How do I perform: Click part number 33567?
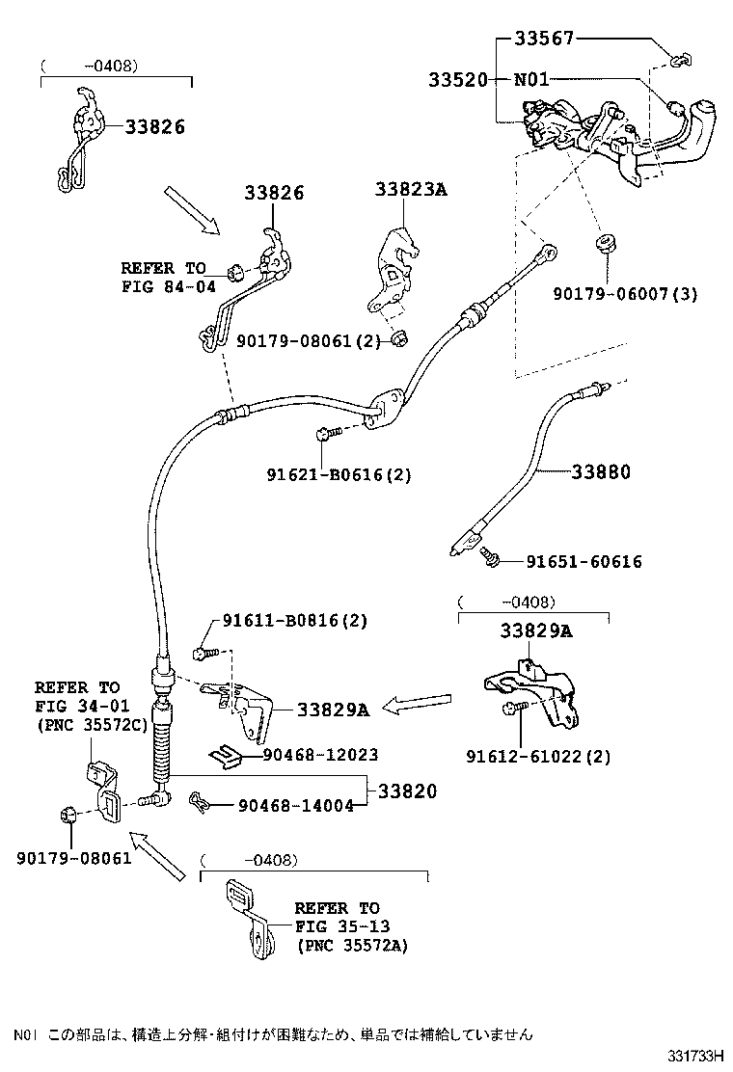pos(543,40)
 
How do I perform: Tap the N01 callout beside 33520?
pos(531,79)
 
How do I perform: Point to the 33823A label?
pos(411,190)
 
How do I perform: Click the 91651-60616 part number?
pos(584,561)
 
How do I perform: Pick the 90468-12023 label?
pos(316,755)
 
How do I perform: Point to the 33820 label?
pos(407,791)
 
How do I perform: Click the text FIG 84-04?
pos(164,285)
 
